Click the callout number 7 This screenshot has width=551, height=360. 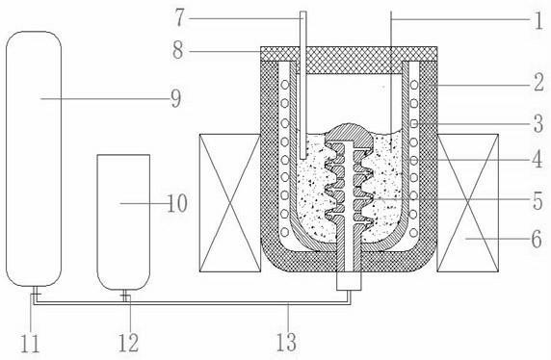point(179,18)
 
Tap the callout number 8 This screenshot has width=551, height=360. point(178,51)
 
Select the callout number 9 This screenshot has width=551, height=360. point(176,98)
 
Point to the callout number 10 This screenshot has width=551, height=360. point(177,203)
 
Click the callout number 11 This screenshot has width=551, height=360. point(30,343)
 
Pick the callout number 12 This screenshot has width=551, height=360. point(128,343)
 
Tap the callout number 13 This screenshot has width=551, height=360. point(286,342)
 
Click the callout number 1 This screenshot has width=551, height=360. point(539,20)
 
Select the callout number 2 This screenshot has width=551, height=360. point(539,83)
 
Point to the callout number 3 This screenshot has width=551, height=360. point(538,123)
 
